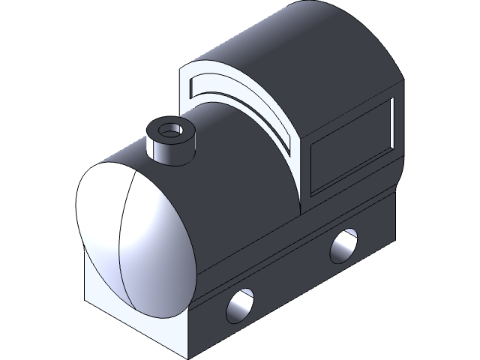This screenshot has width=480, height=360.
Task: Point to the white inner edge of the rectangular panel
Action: pos(391,124)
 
